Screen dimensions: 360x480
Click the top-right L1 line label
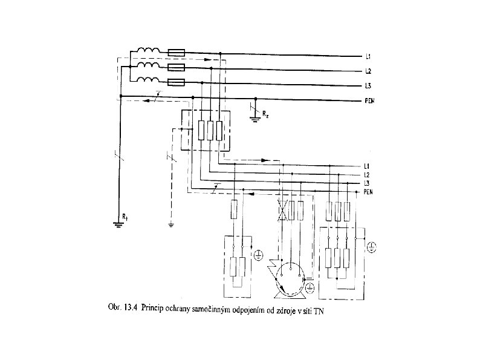coord(368,57)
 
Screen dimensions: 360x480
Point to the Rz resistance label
coord(265,113)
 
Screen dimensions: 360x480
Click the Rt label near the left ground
coord(125,215)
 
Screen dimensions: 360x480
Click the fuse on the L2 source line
coord(176,68)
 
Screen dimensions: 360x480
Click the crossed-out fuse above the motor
coord(282,210)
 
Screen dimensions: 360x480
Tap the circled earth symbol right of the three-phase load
coord(372,246)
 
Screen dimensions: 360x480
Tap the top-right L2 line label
coord(368,71)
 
